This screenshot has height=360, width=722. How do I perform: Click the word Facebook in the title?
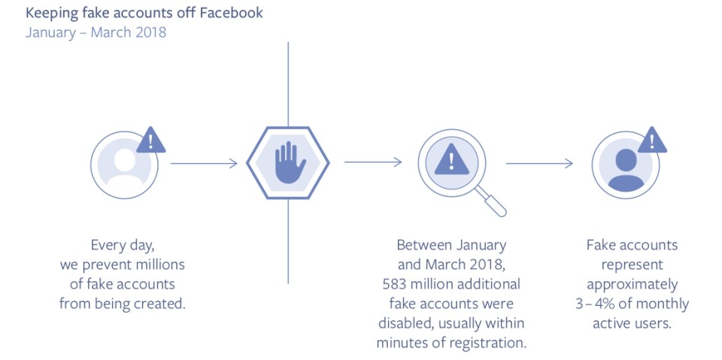click(231, 13)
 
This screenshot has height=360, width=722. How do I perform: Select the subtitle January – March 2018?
click(96, 33)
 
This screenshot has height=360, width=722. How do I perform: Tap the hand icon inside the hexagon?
click(288, 162)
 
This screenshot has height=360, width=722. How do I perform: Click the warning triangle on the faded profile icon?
click(151, 141)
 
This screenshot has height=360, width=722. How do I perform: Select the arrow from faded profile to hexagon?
click(204, 163)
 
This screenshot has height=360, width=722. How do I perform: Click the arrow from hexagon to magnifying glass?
click(373, 162)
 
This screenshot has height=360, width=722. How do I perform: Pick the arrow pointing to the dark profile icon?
click(540, 163)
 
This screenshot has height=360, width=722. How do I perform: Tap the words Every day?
click(122, 246)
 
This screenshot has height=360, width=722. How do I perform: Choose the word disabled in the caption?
click(405, 323)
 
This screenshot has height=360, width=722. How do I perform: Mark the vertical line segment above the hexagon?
click(288, 84)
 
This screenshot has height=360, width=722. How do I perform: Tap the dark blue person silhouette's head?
click(626, 159)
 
